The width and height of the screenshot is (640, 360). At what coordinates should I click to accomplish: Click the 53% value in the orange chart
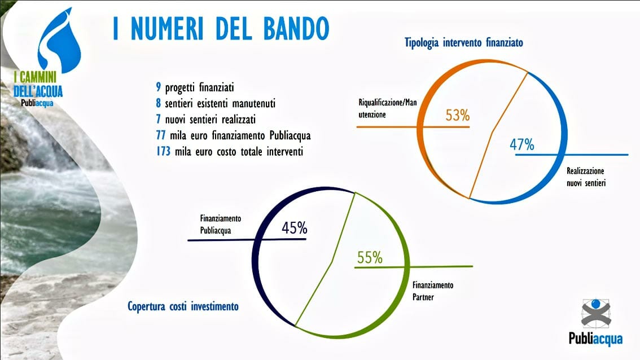[x=458, y=116]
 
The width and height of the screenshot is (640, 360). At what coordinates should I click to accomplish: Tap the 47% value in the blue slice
[x=522, y=144]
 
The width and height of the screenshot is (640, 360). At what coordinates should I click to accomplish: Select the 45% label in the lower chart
[x=294, y=228]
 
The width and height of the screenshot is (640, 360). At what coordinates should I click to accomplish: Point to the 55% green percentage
[x=370, y=257]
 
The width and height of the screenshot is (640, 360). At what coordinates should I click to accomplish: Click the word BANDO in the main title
[x=296, y=28]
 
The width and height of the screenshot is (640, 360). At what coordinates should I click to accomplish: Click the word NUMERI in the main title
[x=167, y=28]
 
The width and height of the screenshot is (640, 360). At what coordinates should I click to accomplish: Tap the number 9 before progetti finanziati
[x=159, y=87]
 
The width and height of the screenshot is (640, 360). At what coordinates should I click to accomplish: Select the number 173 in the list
[x=163, y=151]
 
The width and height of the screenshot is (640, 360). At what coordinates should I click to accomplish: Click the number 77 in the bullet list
[x=160, y=135]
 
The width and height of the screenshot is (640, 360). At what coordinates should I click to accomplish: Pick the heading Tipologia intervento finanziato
[x=464, y=42]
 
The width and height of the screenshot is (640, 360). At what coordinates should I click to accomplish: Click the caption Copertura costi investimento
[x=183, y=306]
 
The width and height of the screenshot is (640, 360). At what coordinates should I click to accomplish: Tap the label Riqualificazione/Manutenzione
[x=388, y=108]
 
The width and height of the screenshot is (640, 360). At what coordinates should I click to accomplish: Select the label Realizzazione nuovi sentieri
[x=586, y=177]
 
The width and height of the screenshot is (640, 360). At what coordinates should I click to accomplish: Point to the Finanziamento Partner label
[x=433, y=291]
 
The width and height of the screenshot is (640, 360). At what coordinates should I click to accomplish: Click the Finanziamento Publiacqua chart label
[x=221, y=224]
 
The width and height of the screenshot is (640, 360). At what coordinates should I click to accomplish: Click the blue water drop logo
[x=59, y=40]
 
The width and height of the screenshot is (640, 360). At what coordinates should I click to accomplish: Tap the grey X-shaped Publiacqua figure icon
[x=596, y=313]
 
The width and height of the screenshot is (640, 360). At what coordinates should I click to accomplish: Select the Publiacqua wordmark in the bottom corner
[x=596, y=339]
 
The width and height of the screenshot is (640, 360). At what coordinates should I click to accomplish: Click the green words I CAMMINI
[x=35, y=76]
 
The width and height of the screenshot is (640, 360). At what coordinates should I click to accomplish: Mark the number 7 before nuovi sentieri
[x=159, y=119]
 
